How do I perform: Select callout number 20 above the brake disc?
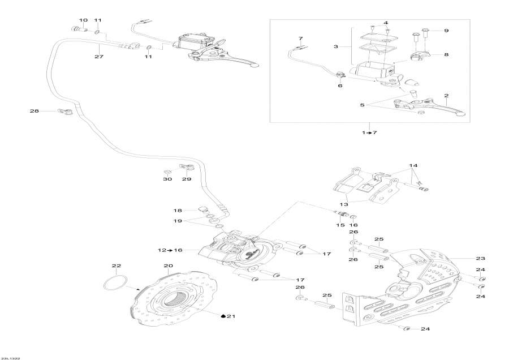(x=168, y=266)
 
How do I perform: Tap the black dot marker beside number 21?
(x=223, y=316)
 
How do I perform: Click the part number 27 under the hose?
(x=100, y=57)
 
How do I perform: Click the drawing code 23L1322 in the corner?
(x=11, y=357)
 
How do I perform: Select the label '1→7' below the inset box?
(x=368, y=132)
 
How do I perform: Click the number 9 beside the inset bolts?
(x=445, y=30)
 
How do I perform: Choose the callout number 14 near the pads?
(x=414, y=166)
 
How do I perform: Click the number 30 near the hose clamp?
(x=167, y=179)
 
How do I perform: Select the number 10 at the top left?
(x=83, y=20)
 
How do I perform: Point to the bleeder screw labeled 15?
(x=341, y=214)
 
